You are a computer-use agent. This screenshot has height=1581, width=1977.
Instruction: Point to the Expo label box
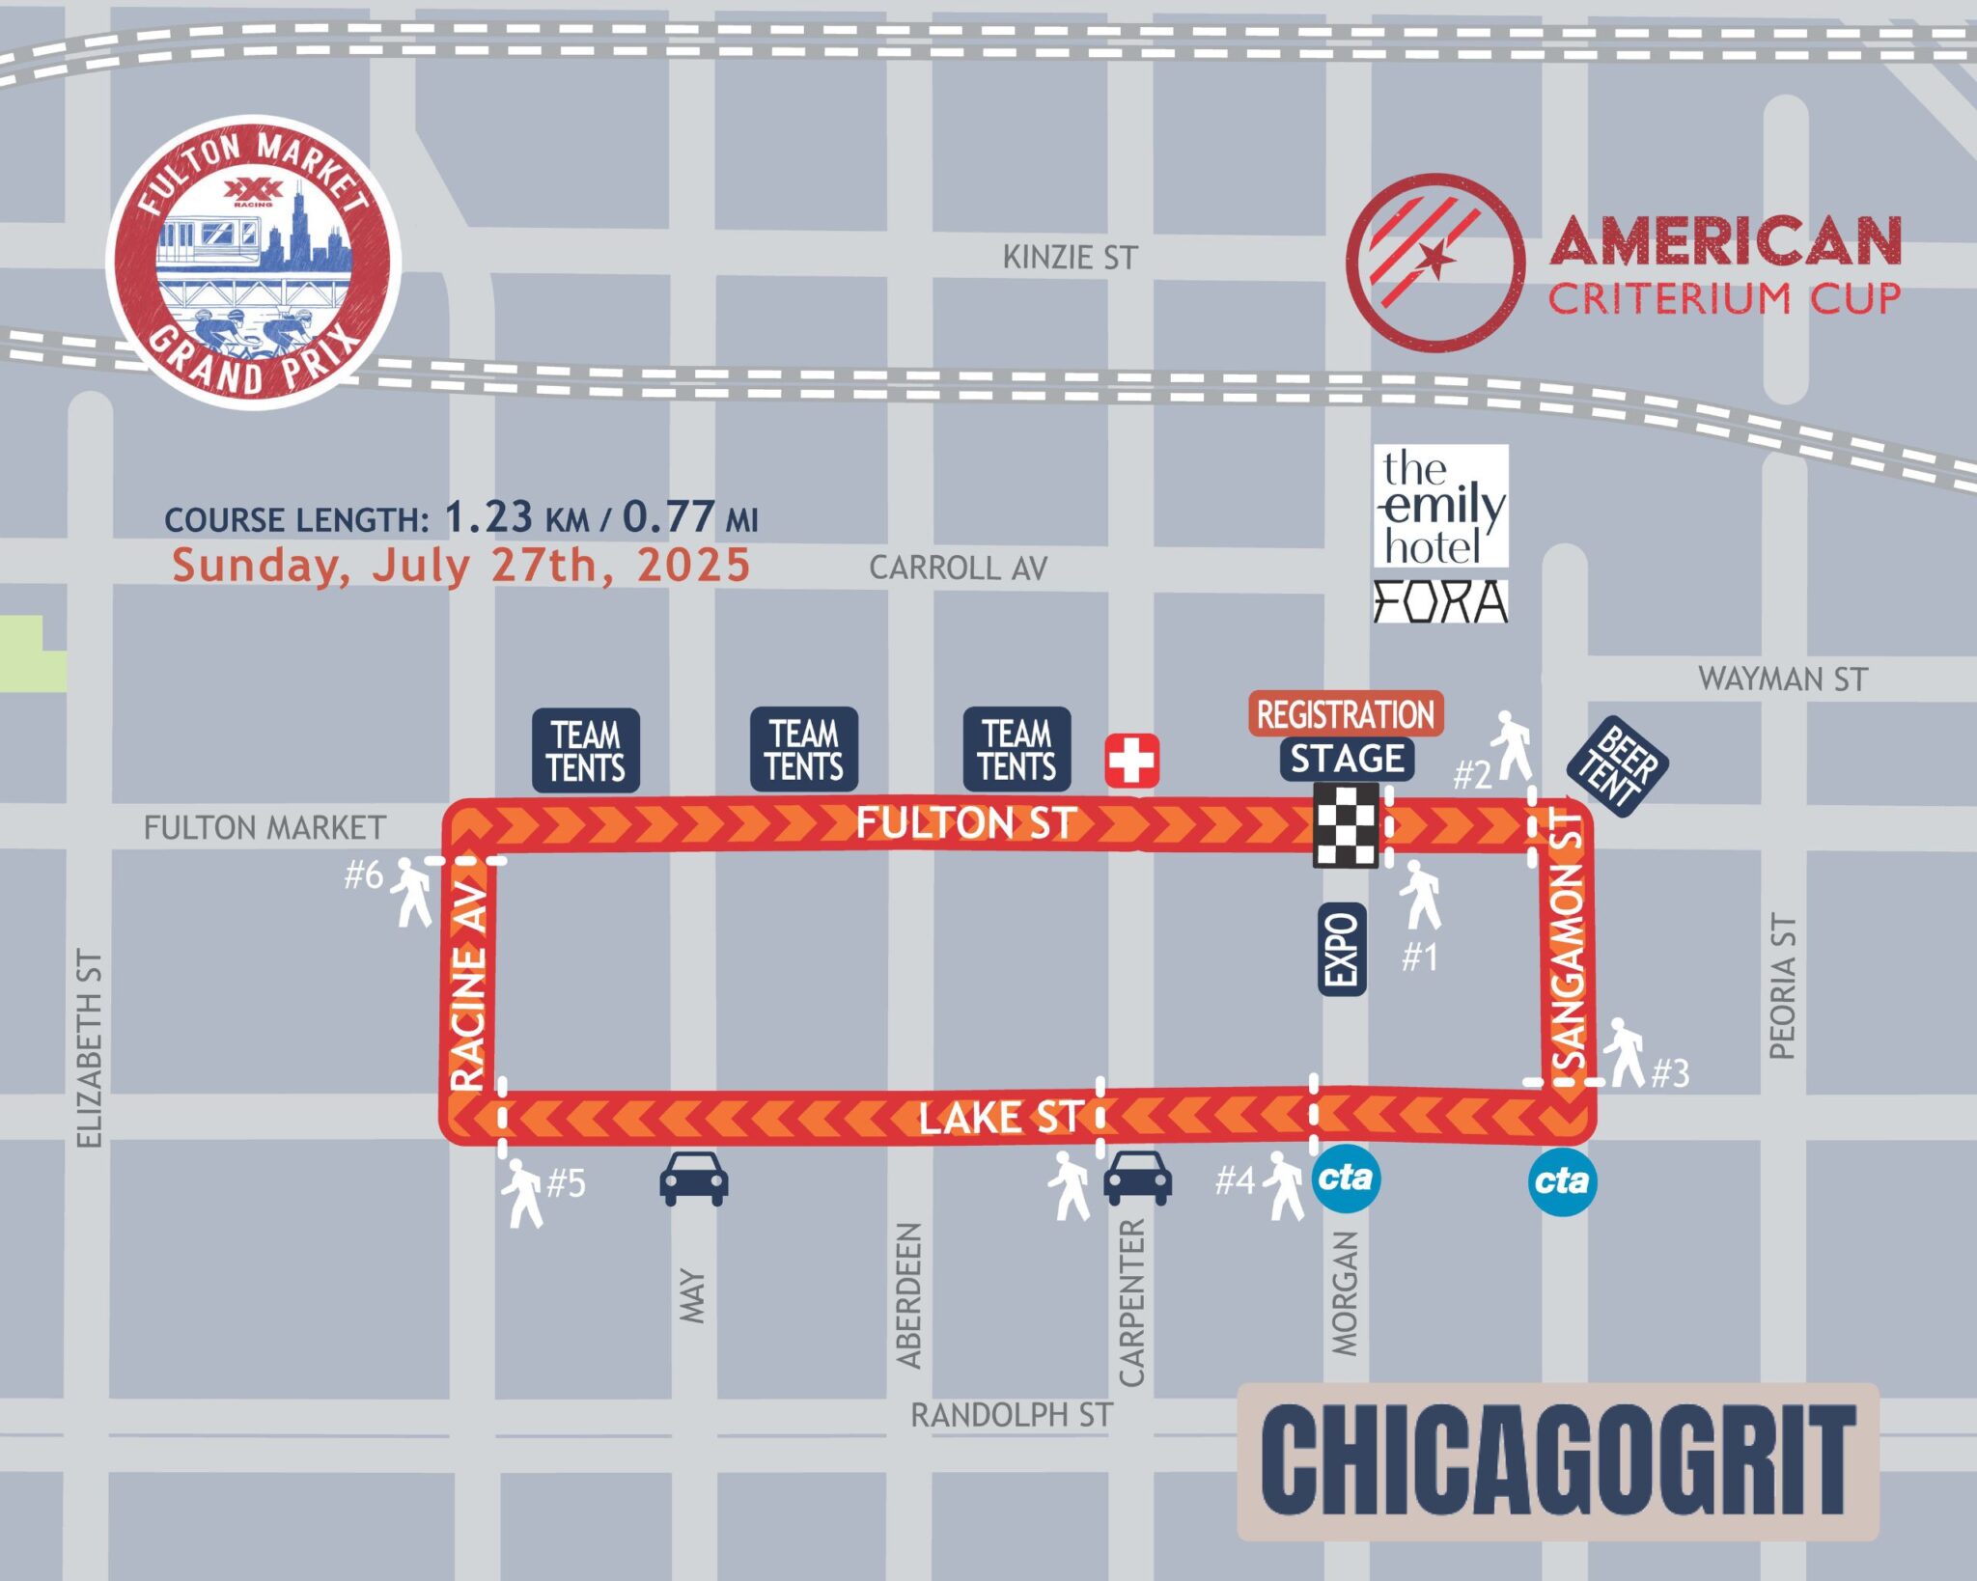pos(1342,949)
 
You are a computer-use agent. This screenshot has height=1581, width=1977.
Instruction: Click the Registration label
pos(1346,714)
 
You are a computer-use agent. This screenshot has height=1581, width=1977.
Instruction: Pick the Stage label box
pos(1347,759)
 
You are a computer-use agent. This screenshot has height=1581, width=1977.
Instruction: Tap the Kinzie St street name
pos(1070,258)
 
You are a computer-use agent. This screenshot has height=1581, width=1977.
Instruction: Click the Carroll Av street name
pos(958,568)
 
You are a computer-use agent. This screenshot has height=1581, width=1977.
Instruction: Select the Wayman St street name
pos(1782,679)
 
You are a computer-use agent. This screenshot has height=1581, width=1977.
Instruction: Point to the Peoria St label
pos(1782,985)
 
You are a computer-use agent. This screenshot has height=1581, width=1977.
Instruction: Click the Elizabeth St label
pos(89,1048)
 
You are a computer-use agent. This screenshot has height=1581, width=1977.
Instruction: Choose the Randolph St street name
pos(1011,1415)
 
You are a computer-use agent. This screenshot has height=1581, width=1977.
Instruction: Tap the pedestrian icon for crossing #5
pos(522,1193)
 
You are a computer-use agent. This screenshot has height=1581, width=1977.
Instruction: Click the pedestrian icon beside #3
pos(1624,1052)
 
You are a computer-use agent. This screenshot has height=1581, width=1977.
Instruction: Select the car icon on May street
pos(693,1178)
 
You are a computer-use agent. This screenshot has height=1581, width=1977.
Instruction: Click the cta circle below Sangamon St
pos(1562,1180)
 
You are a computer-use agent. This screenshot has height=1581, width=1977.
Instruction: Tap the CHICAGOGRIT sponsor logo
pos(1557,1461)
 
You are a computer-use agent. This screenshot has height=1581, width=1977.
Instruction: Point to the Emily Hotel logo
pos(1440,506)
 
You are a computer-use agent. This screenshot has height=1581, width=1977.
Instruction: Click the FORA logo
pos(1440,600)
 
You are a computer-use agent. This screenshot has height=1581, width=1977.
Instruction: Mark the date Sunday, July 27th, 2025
pos(460,566)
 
